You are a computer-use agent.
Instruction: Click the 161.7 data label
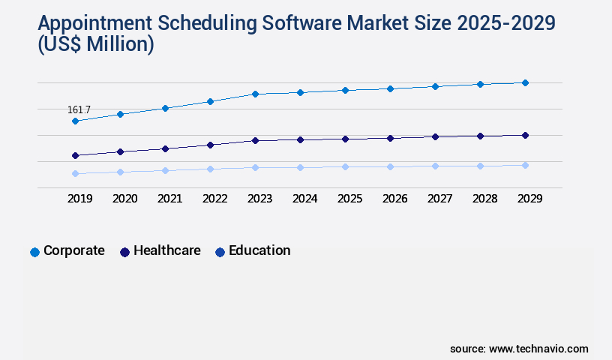click(79, 109)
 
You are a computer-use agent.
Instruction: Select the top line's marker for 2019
click(75, 121)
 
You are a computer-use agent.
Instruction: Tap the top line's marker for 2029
click(525, 82)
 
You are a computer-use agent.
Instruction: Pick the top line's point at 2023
click(255, 94)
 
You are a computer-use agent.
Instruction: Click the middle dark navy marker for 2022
click(210, 145)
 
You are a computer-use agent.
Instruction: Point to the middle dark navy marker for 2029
click(525, 135)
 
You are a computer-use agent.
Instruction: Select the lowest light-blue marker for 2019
click(75, 173)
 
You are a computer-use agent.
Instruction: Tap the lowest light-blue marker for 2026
click(390, 166)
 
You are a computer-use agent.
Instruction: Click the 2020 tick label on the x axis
click(124, 199)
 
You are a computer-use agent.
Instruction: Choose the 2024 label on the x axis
click(304, 199)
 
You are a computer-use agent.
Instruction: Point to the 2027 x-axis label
click(439, 199)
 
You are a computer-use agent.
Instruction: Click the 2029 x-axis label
click(529, 199)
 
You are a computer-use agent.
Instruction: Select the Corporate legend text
click(73, 250)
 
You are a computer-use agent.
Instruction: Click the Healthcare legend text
click(166, 250)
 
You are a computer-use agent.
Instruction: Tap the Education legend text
click(259, 250)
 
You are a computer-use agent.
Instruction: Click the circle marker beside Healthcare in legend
click(124, 252)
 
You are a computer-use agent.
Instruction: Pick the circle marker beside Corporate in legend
click(34, 252)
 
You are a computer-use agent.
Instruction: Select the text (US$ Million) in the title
click(94, 45)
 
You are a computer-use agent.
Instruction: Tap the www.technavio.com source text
click(538, 349)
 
